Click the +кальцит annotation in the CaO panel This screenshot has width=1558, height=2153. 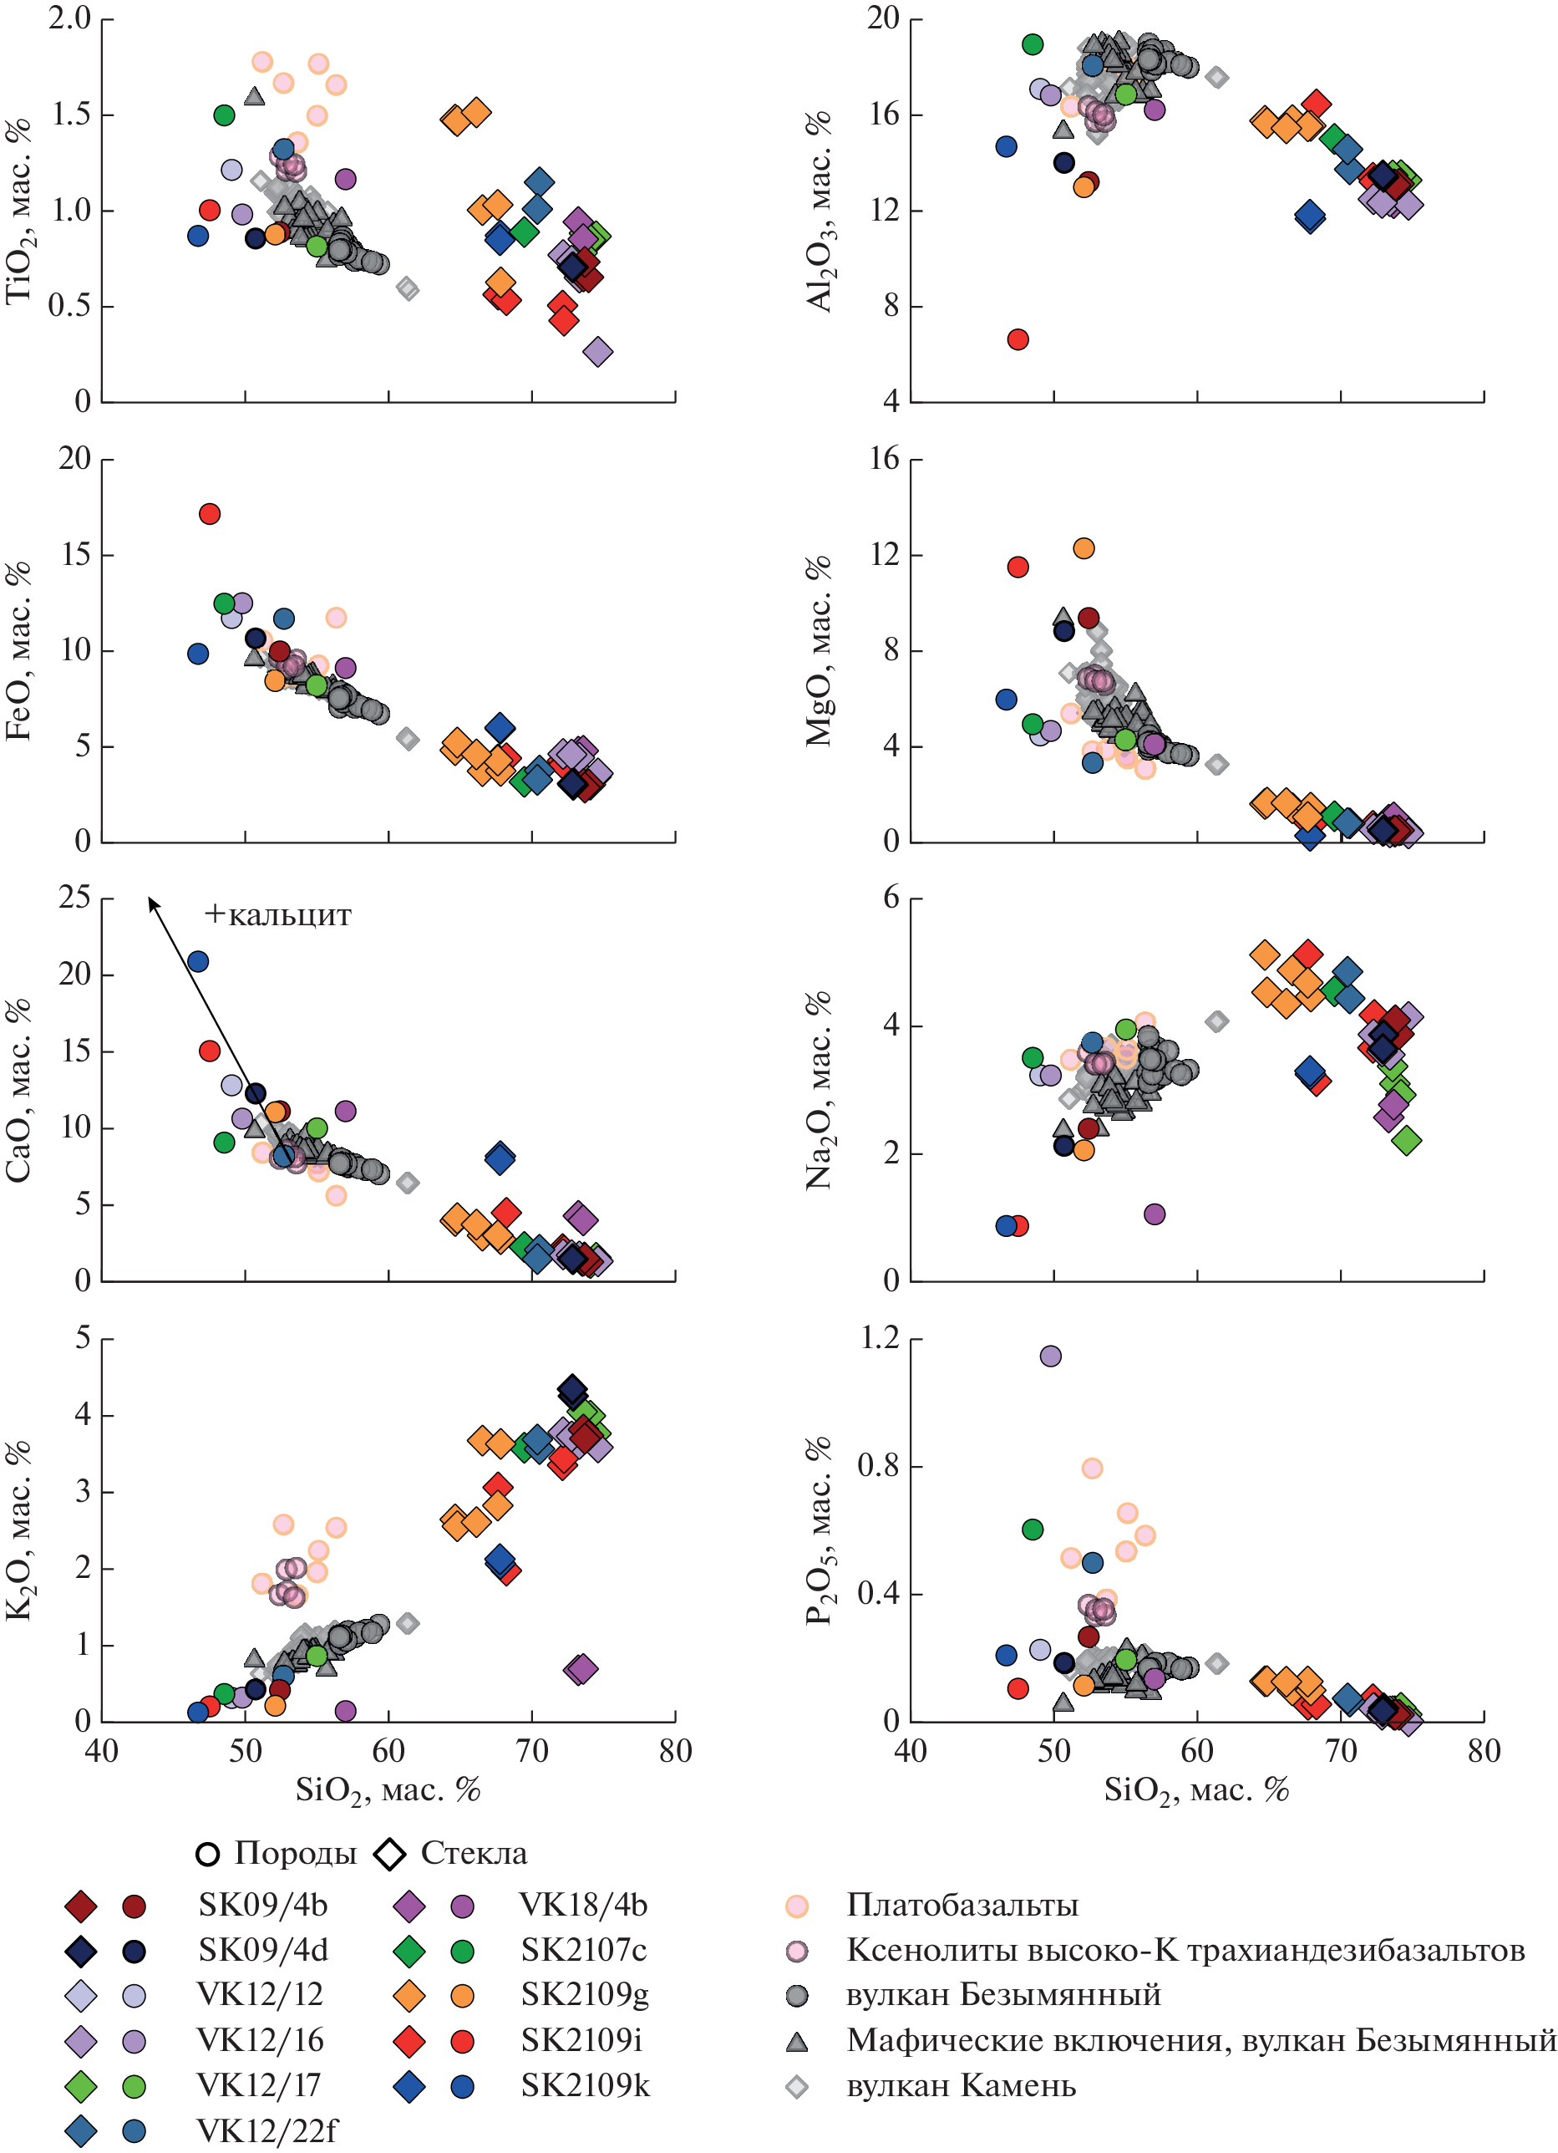pyautogui.click(x=277, y=915)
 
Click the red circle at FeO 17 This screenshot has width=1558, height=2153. pyautogui.click(x=210, y=513)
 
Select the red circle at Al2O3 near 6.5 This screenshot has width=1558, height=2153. pyautogui.click(x=1018, y=338)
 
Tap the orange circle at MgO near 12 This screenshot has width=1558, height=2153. pyautogui.click(x=1083, y=547)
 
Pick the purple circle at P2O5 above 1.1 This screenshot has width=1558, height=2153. pyautogui.click(x=1050, y=1356)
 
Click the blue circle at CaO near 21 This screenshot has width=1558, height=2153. pyautogui.click(x=197, y=962)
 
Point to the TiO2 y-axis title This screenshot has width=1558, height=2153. pyautogui.click(x=19, y=211)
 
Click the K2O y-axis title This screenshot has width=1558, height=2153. pyautogui.click(x=19, y=1530)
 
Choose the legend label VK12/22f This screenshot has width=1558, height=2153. pyautogui.click(x=266, y=2131)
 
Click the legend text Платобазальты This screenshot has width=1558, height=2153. pyautogui.click(x=962, y=1906)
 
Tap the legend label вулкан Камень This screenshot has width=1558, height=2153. pyautogui.click(x=962, y=2085)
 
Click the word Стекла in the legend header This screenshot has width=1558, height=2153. pyautogui.click(x=474, y=1853)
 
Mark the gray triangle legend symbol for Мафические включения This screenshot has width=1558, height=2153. pyautogui.click(x=797, y=2041)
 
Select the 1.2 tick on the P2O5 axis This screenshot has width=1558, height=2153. pyautogui.click(x=879, y=1337)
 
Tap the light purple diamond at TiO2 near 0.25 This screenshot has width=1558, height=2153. pyautogui.click(x=598, y=352)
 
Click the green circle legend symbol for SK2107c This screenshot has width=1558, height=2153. pyautogui.click(x=462, y=1951)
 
